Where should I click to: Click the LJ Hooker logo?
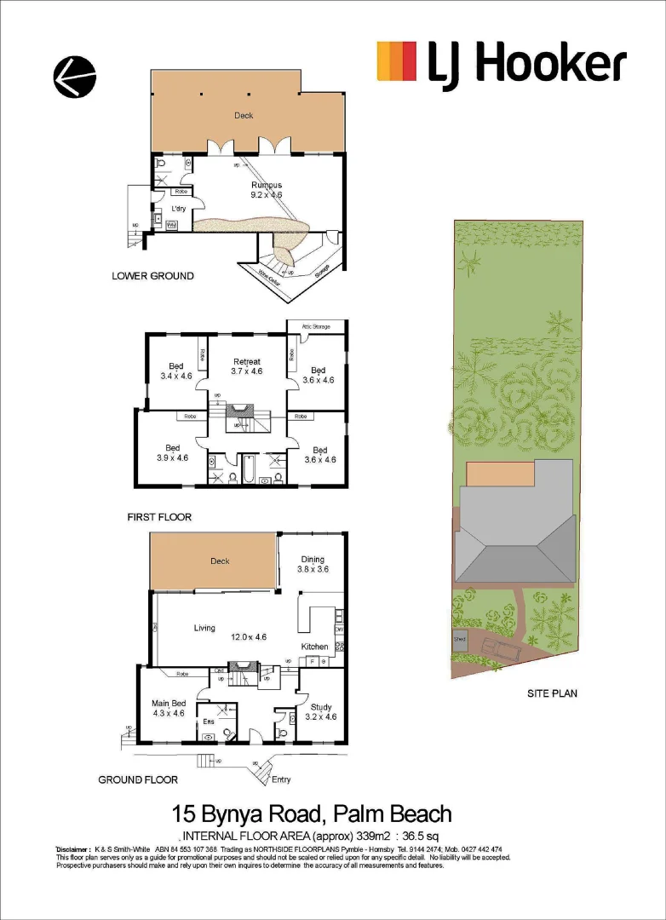point(502,64)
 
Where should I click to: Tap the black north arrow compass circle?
point(74,78)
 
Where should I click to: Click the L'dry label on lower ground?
point(179,209)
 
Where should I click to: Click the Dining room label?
point(313,560)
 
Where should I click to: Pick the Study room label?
point(320,706)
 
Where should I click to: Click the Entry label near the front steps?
point(280,779)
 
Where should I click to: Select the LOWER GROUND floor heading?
point(152,276)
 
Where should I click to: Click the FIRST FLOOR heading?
point(159,517)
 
